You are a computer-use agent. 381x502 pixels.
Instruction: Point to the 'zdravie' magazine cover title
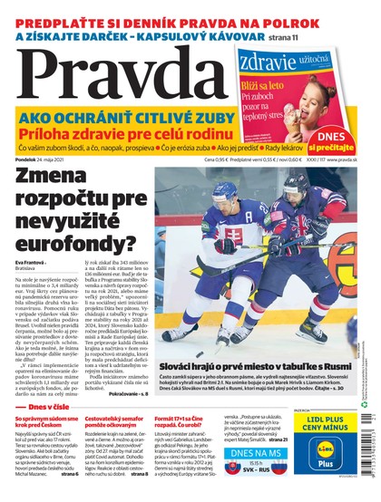pos(269,61)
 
